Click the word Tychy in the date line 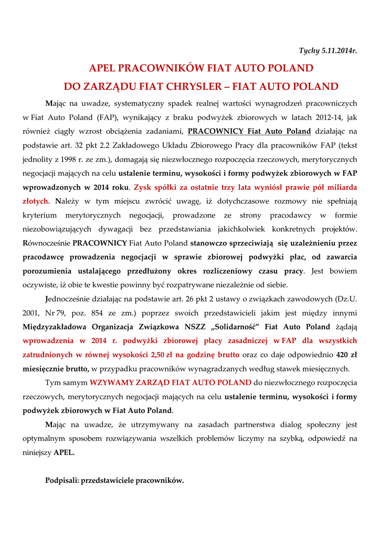309,51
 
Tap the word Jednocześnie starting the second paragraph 69,299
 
